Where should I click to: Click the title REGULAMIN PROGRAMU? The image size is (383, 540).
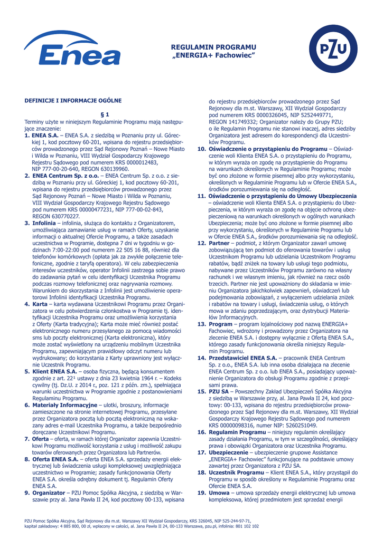(x=213, y=47)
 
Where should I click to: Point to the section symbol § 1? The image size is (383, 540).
(x=105, y=113)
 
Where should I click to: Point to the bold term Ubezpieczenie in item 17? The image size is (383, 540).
(x=230, y=452)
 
